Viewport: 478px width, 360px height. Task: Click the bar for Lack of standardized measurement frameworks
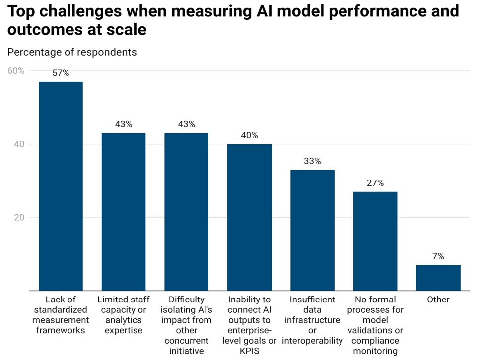(61, 186)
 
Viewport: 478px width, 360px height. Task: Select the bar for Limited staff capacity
(124, 212)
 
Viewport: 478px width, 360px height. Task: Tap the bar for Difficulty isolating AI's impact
(187, 212)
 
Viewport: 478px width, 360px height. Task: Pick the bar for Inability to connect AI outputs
(249, 217)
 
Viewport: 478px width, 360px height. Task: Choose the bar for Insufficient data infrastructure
(312, 230)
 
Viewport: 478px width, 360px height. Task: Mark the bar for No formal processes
(375, 241)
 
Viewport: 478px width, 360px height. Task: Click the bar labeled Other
(438, 278)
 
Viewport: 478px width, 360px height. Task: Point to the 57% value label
(61, 73)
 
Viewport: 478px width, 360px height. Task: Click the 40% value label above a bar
(249, 135)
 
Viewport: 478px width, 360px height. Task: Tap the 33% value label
(312, 161)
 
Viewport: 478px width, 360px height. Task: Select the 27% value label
(375, 183)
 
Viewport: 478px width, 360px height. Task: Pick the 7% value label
(438, 256)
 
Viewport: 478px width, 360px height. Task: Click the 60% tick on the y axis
(16, 71)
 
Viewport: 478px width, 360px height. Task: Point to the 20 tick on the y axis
(19, 218)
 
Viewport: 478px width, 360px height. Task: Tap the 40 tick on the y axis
(19, 144)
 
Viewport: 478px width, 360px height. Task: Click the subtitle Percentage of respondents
(72, 52)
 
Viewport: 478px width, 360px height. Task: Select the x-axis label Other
(438, 300)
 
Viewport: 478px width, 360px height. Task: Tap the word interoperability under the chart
(312, 341)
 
